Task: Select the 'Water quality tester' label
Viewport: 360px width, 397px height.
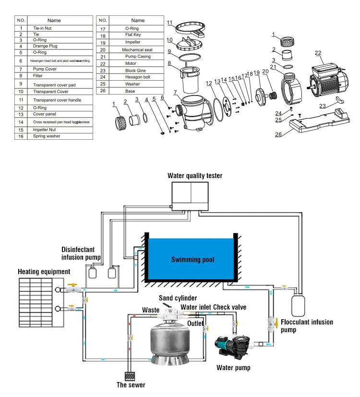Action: [194, 176]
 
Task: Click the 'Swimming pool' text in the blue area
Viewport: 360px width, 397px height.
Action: [192, 260]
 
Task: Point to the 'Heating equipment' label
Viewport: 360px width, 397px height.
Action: [44, 272]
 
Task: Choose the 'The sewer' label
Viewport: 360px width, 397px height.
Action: [131, 385]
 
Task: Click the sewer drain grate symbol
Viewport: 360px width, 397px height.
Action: [131, 375]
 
